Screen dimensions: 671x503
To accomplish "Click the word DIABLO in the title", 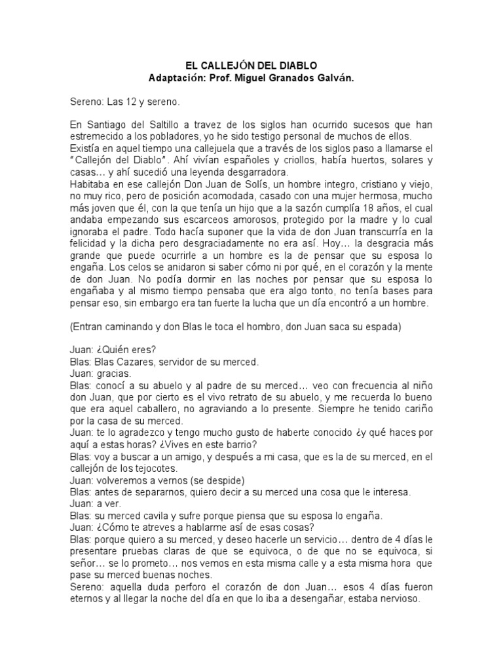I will click(x=295, y=66).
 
